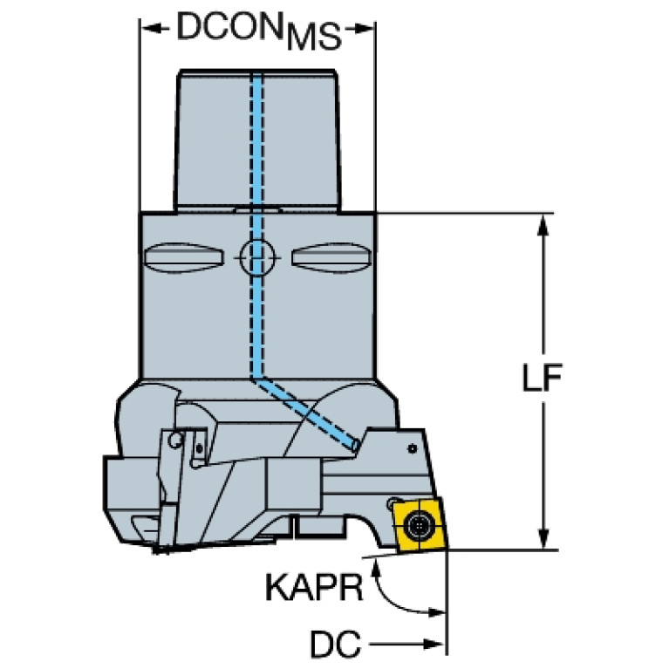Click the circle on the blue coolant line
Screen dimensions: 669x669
coord(256,256)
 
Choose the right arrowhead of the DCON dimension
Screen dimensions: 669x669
coord(366,30)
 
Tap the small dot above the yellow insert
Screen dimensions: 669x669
coord(411,450)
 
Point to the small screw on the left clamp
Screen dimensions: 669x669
coord(179,440)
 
